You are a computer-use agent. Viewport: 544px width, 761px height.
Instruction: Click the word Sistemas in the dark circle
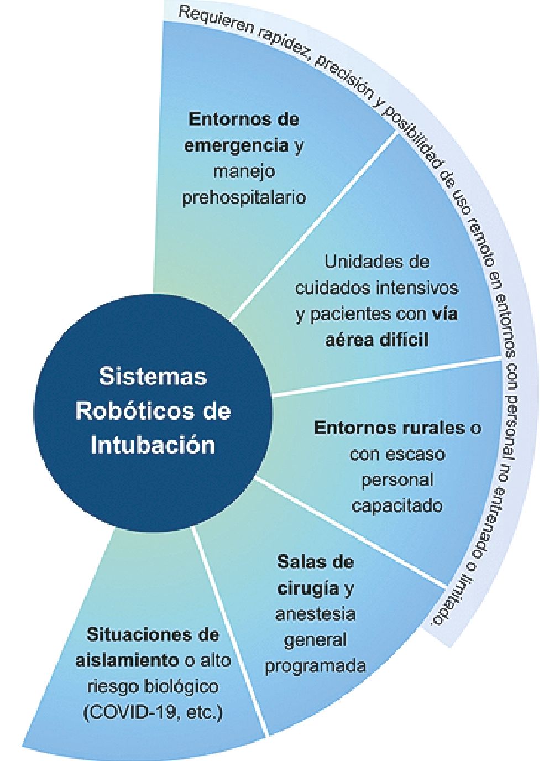point(153,378)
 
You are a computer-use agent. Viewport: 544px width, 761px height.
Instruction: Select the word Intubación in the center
point(153,445)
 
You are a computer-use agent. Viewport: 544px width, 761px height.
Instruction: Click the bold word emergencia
point(236,145)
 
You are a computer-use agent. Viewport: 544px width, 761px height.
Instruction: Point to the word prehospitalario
point(244,197)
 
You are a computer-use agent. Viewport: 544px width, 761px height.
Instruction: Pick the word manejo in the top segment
point(244,171)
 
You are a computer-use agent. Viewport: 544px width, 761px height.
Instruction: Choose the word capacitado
point(397,505)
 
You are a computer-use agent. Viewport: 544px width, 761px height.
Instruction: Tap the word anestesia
point(315,613)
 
